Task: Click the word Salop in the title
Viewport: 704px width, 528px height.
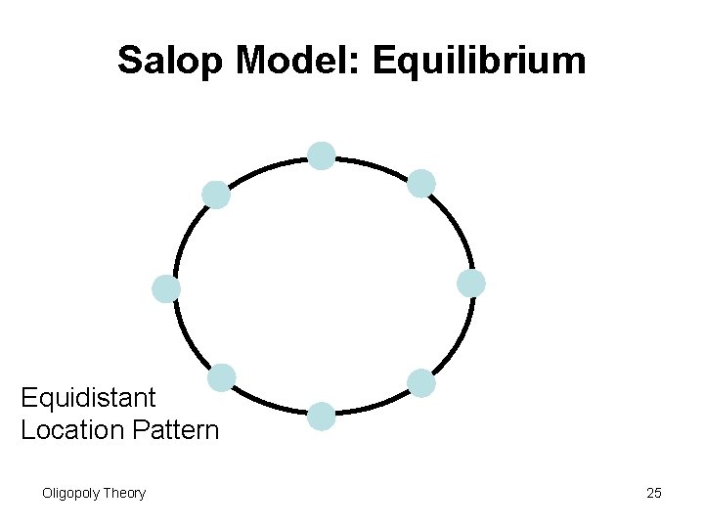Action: [x=172, y=61]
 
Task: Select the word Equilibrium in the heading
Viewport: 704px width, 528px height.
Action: [x=479, y=61]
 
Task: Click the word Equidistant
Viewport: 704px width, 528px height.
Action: [x=88, y=398]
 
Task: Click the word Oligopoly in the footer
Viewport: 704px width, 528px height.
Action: [x=71, y=493]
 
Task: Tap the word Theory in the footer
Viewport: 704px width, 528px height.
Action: [x=125, y=493]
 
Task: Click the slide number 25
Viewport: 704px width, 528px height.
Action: [x=654, y=493]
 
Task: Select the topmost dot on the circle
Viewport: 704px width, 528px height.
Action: [x=322, y=155]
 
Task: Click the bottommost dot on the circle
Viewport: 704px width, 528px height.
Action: [x=322, y=417]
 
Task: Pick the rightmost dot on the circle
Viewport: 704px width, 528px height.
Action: [x=471, y=284]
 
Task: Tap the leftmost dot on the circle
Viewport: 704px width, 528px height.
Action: [x=166, y=288]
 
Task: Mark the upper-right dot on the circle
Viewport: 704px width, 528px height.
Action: [x=421, y=183]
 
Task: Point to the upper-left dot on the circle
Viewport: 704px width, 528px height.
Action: [x=216, y=195]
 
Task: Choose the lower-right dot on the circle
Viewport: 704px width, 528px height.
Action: [x=421, y=383]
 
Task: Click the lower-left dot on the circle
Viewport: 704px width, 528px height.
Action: [x=222, y=377]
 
